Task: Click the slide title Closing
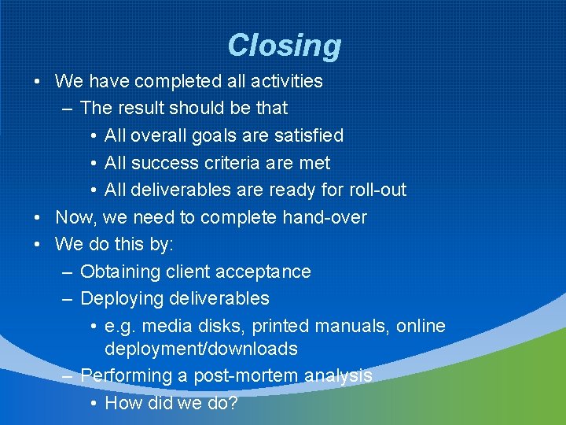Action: (x=284, y=46)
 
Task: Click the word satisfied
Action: (x=309, y=135)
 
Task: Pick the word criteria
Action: (x=234, y=163)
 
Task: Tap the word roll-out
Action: (x=374, y=190)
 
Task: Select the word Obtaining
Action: (x=119, y=272)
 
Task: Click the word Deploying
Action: (x=120, y=299)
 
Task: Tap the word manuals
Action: (x=353, y=326)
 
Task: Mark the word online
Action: (x=421, y=326)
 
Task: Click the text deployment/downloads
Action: (x=201, y=349)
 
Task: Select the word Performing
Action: (x=126, y=376)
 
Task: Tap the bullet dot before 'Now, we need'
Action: (x=39, y=218)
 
